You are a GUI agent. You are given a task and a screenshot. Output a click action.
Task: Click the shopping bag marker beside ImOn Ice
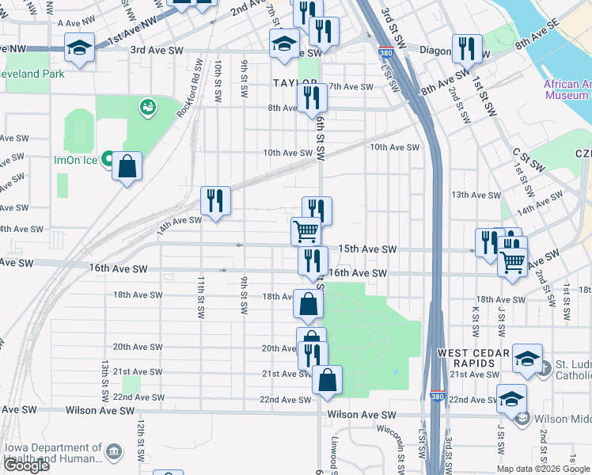point(127,167)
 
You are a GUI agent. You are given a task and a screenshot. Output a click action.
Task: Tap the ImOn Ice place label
point(74,159)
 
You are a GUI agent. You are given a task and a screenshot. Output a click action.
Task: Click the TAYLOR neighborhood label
point(294,82)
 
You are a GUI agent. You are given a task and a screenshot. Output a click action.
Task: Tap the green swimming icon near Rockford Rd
point(146,107)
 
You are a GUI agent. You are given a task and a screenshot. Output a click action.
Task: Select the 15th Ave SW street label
point(367,249)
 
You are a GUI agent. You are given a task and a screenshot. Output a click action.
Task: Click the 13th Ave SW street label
point(476,195)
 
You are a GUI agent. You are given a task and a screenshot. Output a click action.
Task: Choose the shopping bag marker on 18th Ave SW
point(308,302)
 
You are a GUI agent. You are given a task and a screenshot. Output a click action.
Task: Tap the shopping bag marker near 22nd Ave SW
point(327,379)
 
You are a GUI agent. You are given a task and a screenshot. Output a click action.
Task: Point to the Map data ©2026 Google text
point(544,469)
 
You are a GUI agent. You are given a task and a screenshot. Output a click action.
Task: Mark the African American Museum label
point(566,89)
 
